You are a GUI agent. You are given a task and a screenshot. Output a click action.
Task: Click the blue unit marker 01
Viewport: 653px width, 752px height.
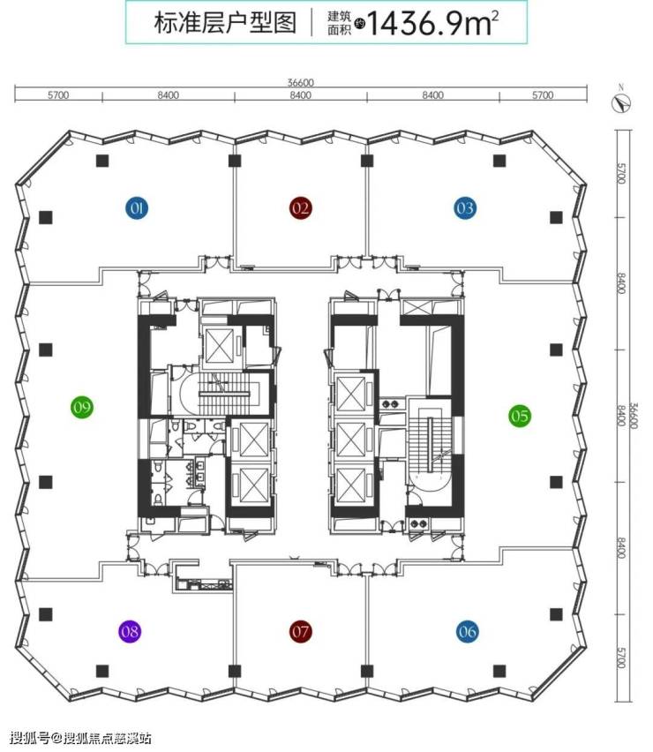pyautogui.click(x=137, y=208)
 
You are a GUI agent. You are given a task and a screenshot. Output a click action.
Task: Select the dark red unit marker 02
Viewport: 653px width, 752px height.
pyautogui.click(x=301, y=208)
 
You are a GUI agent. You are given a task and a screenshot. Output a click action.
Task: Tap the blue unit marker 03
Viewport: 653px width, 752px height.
pyautogui.click(x=465, y=208)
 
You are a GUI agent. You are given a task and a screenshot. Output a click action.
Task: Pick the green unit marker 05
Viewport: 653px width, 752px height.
pyautogui.click(x=519, y=415)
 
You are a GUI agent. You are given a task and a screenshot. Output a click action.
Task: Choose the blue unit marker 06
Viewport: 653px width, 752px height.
pyautogui.click(x=468, y=631)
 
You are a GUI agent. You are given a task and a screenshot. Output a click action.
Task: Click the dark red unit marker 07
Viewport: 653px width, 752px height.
pyautogui.click(x=301, y=631)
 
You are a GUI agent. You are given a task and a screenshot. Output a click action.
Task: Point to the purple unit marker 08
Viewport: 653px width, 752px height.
pyautogui.click(x=131, y=631)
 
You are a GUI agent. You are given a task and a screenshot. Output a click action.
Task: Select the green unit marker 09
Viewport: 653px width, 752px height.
pyautogui.click(x=82, y=407)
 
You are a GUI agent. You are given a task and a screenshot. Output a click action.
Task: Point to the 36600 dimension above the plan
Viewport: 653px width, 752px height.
pyautogui.click(x=300, y=83)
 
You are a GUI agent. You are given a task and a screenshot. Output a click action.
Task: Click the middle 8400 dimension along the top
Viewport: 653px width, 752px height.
pyautogui.click(x=300, y=95)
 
